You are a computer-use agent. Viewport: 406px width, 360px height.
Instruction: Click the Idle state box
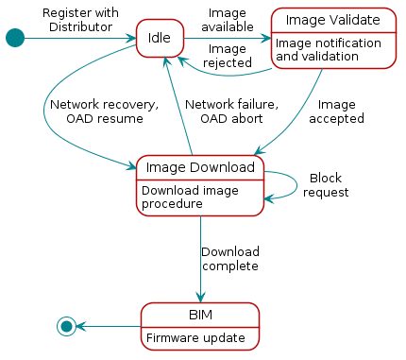coord(159,38)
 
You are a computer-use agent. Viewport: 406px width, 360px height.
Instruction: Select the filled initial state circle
coord(14,38)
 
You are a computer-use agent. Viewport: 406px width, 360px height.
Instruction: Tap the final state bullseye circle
coord(66,326)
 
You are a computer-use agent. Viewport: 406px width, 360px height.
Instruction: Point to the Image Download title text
coord(199,167)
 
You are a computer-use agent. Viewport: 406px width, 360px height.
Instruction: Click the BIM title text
coord(199,315)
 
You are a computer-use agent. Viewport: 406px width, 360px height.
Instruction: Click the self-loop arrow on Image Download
coord(296,184)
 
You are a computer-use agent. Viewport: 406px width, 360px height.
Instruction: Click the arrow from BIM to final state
coord(109,326)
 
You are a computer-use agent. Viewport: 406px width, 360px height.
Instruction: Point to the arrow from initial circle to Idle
coord(76,38)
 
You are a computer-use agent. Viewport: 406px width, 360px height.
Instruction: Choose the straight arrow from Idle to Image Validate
coord(227,39)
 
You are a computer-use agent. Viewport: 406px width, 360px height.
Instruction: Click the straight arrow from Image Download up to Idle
coord(179,104)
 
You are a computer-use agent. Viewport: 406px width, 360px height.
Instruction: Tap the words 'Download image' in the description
coord(190,190)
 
